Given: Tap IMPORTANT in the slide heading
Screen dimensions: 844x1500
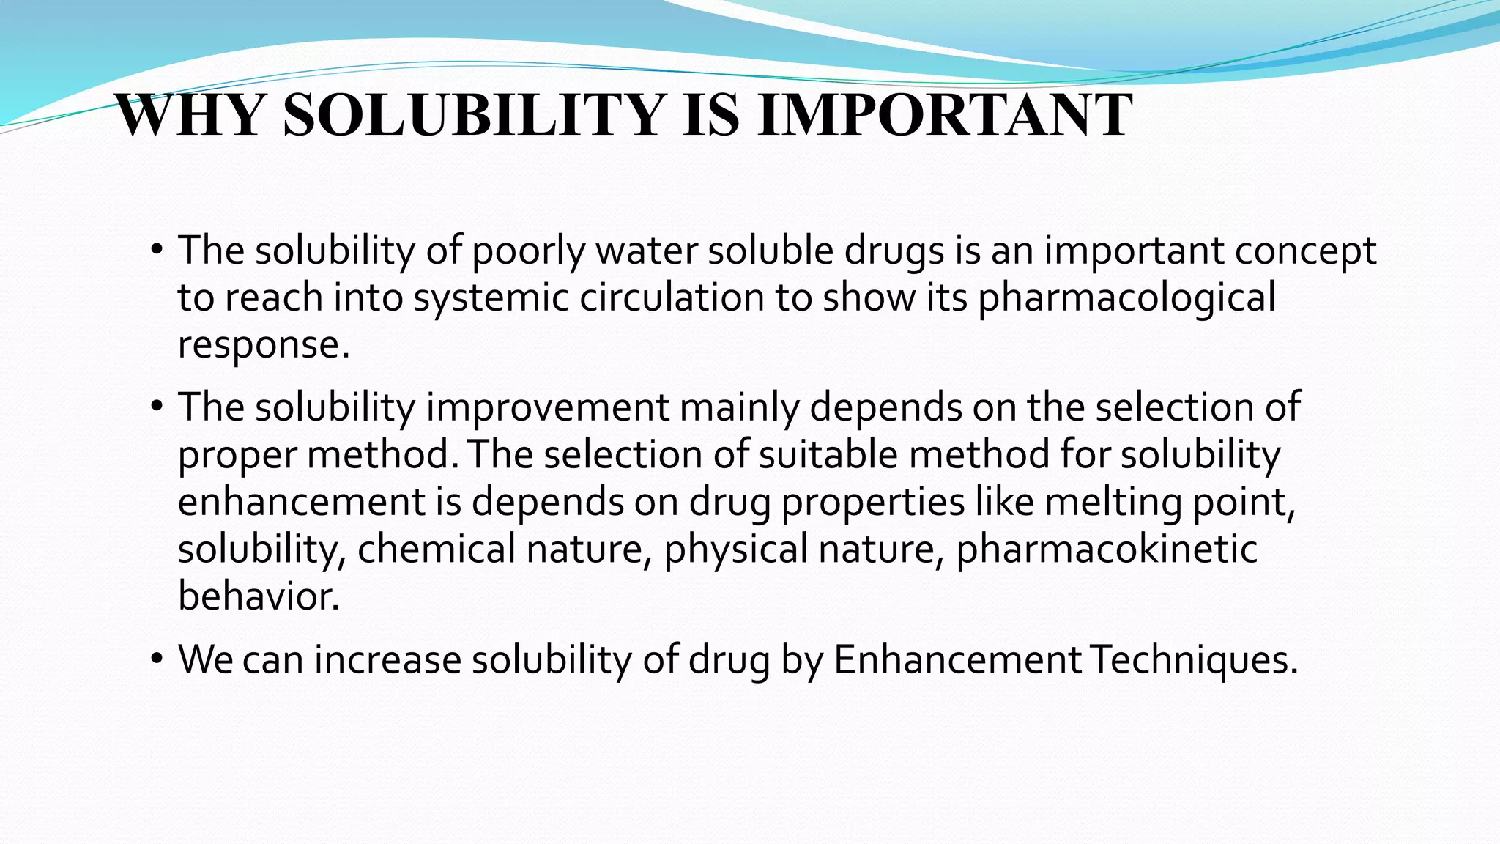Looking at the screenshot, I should [945, 115].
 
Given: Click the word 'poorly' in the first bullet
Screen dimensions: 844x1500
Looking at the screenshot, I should [528, 251].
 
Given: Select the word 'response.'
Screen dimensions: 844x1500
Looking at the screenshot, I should [264, 345].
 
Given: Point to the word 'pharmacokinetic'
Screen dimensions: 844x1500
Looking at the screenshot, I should [1107, 549].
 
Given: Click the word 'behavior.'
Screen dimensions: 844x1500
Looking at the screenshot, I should [259, 596].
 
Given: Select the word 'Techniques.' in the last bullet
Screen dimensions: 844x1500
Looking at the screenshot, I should [1194, 660].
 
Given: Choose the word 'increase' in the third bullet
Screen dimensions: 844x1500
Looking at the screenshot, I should [387, 659].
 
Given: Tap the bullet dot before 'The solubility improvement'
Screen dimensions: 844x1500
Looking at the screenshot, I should [156, 407].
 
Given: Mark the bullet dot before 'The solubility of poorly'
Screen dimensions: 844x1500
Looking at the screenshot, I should [156, 250].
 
